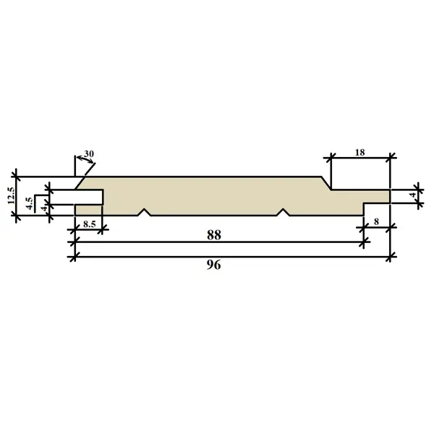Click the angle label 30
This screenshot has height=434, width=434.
click(x=89, y=153)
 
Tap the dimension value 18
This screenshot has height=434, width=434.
click(x=359, y=152)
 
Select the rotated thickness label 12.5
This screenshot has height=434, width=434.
click(x=12, y=195)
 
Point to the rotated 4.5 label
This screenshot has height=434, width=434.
click(x=30, y=203)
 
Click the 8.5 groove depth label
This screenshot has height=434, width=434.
click(x=89, y=224)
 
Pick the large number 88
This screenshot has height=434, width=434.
click(x=214, y=235)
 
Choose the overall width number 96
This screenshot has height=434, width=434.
click(x=213, y=265)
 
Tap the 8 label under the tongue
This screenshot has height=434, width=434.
click(x=376, y=222)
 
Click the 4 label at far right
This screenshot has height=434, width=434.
click(x=413, y=195)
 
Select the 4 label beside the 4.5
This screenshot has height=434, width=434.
click(x=45, y=208)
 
